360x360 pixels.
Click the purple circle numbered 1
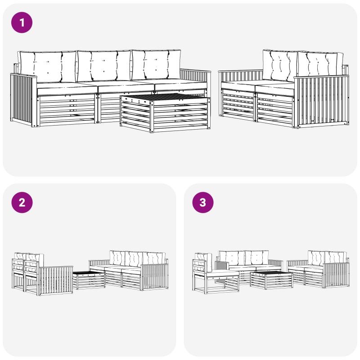point(22,22)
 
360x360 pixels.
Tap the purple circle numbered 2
point(22,202)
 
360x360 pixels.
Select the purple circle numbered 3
point(203,202)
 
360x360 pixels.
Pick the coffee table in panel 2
point(89,279)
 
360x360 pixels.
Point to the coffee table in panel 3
point(271,280)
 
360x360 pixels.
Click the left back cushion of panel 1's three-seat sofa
point(48,67)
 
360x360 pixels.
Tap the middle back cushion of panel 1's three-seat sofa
point(104,66)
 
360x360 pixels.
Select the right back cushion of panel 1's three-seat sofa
point(156,65)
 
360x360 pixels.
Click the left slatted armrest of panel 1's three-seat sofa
point(23,100)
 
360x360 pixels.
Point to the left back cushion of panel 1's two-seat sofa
point(280,66)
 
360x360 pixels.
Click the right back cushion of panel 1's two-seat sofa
point(320,66)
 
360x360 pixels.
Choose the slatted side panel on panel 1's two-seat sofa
point(321,102)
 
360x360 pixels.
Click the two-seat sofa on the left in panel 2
point(42,274)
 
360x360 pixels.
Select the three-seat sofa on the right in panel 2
point(129,270)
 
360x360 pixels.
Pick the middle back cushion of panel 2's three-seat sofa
point(133,259)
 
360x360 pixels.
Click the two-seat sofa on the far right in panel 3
point(318,269)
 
